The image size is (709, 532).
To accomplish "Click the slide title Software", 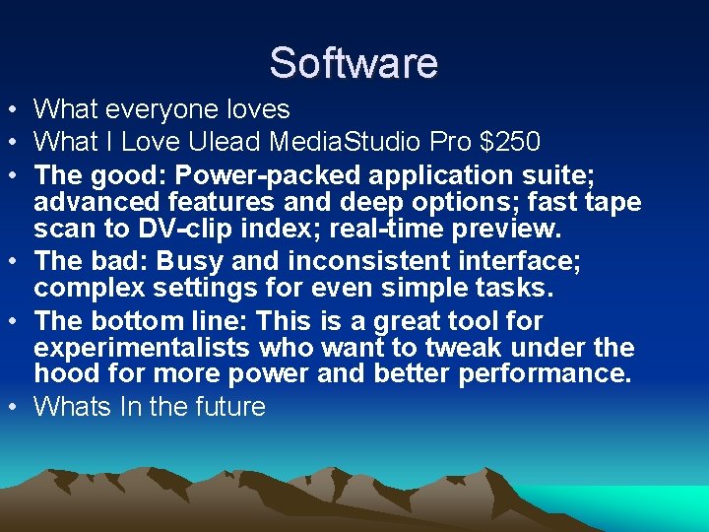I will tap(354, 62).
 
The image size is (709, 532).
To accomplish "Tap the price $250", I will tap(509, 143).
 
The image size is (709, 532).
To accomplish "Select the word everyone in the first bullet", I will tap(161, 109).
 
